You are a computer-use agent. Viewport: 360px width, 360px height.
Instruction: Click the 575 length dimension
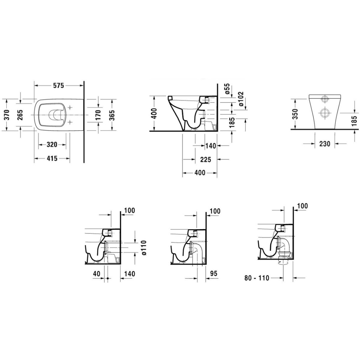pos(58,85)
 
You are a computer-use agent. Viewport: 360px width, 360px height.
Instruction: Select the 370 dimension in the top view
pos(7,115)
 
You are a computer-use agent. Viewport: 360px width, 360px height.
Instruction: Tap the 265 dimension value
pos(21,115)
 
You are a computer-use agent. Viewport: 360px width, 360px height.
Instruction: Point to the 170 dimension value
pos(98,115)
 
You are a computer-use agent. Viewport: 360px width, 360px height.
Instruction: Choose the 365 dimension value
pos(112,115)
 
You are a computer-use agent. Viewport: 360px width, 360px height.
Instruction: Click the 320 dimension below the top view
pos(52,145)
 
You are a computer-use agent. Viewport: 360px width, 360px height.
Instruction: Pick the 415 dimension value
pos(52,159)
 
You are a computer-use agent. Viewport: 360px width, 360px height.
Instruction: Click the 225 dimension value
pos(205,160)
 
